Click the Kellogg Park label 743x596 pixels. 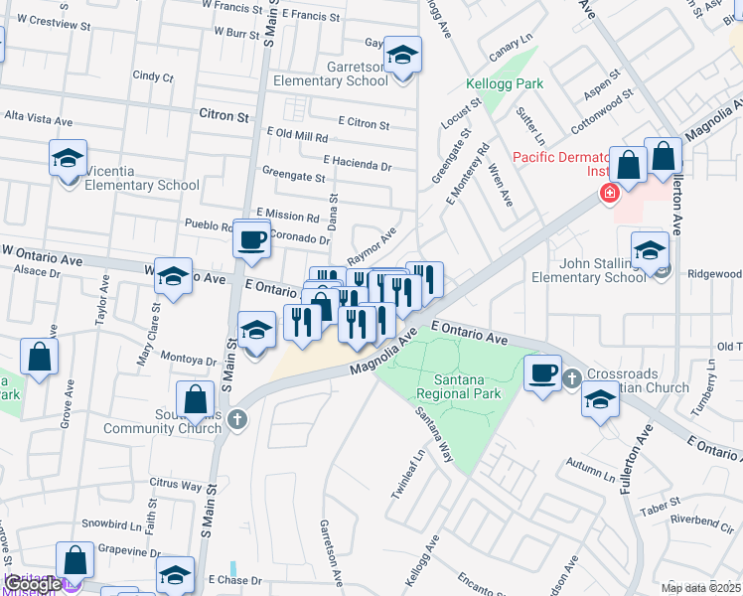point(506,84)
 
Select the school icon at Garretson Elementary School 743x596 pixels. point(402,57)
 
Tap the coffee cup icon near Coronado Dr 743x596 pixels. point(252,239)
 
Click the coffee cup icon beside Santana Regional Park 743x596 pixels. point(542,373)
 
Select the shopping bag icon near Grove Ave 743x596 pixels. point(39,359)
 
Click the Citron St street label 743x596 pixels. point(223,116)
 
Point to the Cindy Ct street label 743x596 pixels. point(153,76)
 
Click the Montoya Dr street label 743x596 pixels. point(189,361)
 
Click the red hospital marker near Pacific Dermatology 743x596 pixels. point(606,192)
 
